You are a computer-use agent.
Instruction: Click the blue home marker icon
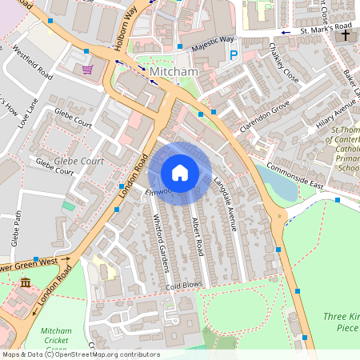coord(180,173)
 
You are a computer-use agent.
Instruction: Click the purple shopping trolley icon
coord(87,70)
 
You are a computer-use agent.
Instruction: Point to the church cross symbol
coord(346,35)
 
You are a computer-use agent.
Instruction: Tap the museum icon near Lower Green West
coord(26,283)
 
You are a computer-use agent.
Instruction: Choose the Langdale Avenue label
coord(225,205)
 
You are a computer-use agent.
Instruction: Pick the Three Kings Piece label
coord(342,322)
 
